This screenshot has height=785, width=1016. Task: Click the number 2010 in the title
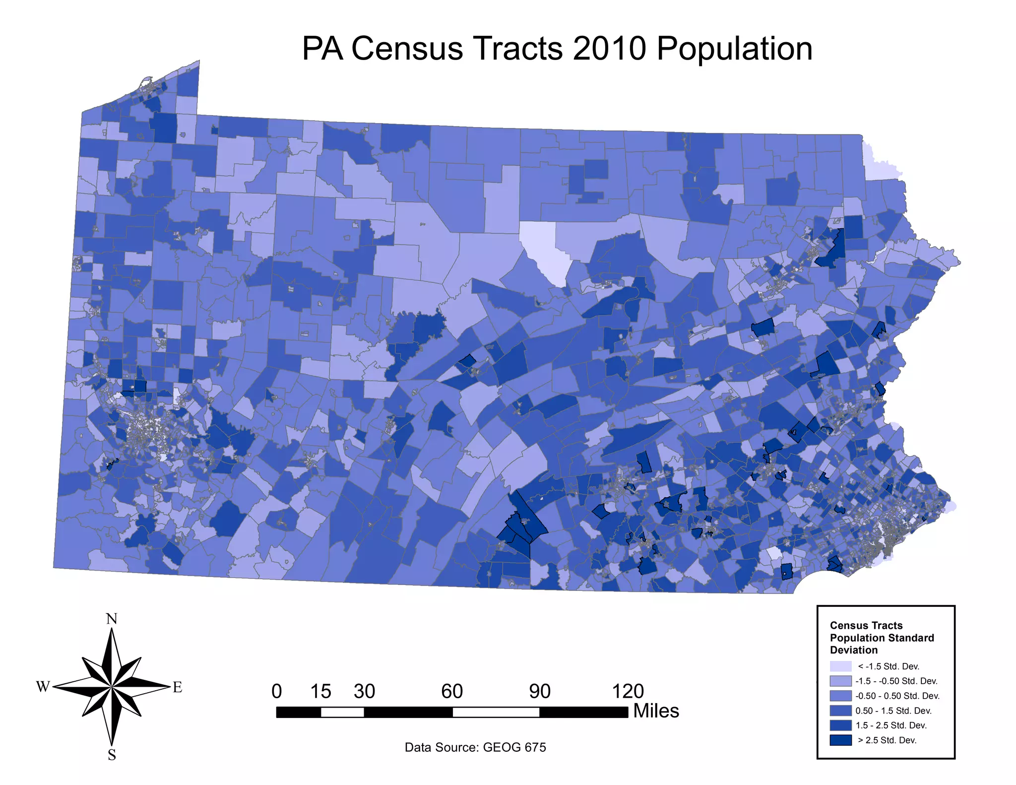pos(609,49)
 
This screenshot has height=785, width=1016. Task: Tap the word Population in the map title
pos(734,50)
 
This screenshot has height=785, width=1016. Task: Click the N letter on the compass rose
pos(112,619)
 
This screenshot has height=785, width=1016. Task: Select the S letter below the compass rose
pos(112,755)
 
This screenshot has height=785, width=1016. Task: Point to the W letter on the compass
pos(43,687)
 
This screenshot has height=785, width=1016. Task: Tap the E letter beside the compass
pos(177,687)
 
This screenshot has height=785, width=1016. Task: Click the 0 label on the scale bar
pos(277,691)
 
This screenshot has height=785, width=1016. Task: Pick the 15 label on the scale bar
pos(320,691)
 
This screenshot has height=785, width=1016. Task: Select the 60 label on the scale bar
pos(452,691)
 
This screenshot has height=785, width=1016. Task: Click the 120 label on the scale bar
pos(628,691)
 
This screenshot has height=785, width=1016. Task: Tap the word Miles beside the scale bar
pos(656,711)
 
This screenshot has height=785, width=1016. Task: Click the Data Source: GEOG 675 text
pos(475,747)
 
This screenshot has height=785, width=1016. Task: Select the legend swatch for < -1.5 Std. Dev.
pos(840,666)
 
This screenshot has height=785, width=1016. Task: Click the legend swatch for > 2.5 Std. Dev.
pos(840,740)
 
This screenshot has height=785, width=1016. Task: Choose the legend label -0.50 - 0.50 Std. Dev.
pos(897,696)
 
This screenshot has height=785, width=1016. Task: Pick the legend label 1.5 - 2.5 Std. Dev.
pos(890,725)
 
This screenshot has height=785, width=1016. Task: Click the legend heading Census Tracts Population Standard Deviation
pos(882,638)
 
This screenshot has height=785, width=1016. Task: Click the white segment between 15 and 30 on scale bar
pos(342,713)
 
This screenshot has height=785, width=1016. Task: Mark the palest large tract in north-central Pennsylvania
pos(546,251)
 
